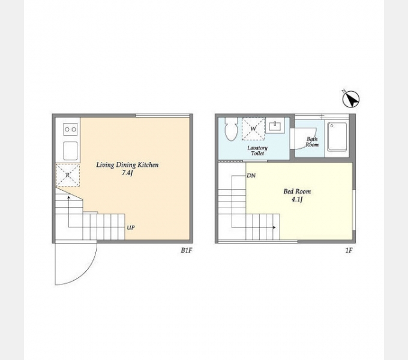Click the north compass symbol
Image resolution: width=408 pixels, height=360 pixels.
click(x=351, y=99)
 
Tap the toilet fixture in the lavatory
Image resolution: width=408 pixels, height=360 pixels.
click(x=231, y=129)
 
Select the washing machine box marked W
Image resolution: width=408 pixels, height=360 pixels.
click(x=253, y=129)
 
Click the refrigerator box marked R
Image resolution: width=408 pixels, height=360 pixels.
click(x=68, y=175)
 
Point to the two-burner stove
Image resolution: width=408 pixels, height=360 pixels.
click(x=71, y=129)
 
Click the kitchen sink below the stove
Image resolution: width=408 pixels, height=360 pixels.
click(x=71, y=151)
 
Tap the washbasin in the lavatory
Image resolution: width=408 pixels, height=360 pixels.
click(x=275, y=125)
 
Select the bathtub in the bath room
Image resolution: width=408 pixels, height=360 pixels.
click(x=337, y=137)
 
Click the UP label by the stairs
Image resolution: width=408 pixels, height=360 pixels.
click(x=131, y=227)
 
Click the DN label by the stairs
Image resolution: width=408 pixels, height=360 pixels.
click(x=251, y=176)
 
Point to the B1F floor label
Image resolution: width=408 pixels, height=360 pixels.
click(x=187, y=250)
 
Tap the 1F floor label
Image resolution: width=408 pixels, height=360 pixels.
click(x=349, y=250)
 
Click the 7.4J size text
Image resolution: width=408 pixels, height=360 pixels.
click(x=127, y=173)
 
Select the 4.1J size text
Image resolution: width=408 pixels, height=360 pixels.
click(x=297, y=200)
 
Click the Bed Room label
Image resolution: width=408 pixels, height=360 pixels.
click(x=297, y=191)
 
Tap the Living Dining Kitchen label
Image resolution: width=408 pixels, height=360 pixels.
click(x=127, y=164)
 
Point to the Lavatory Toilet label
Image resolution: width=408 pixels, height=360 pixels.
click(x=257, y=151)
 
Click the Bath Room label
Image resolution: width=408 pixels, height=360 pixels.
click(x=312, y=142)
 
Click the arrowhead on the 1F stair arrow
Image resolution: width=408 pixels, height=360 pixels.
click(x=274, y=227)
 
